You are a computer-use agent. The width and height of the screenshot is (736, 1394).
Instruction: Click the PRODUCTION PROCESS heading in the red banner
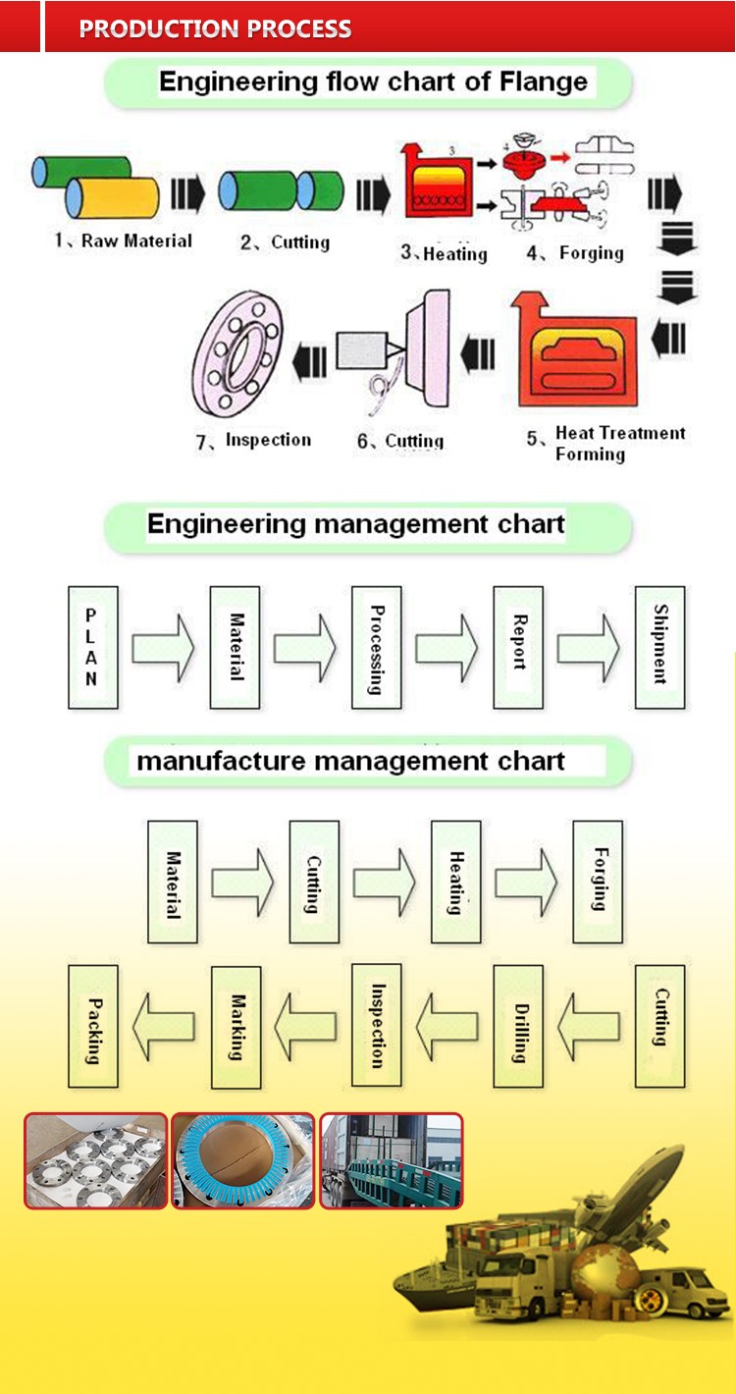tap(215, 28)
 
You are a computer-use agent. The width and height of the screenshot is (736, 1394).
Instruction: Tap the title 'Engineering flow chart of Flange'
tap(373, 81)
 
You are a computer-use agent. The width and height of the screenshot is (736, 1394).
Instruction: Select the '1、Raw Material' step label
tap(124, 241)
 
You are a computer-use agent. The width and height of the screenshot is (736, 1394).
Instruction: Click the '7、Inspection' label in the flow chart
tap(254, 441)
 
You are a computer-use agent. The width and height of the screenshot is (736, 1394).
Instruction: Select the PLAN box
tap(92, 648)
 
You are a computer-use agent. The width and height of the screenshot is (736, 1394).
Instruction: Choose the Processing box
tap(376, 648)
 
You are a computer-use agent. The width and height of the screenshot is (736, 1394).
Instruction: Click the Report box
tap(518, 648)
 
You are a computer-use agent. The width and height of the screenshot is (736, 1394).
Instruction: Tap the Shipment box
tap(659, 648)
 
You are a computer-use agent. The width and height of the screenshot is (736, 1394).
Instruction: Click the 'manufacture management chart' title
tap(350, 762)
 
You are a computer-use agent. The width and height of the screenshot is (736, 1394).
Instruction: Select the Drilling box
tap(518, 1026)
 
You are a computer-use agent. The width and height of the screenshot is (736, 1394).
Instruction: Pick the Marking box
tap(236, 1026)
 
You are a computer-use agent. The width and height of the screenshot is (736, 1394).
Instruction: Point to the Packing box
tap(93, 1026)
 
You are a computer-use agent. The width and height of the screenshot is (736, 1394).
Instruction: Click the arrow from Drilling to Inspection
tap(447, 1026)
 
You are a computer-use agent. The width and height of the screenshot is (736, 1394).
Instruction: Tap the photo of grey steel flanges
tap(96, 1159)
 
